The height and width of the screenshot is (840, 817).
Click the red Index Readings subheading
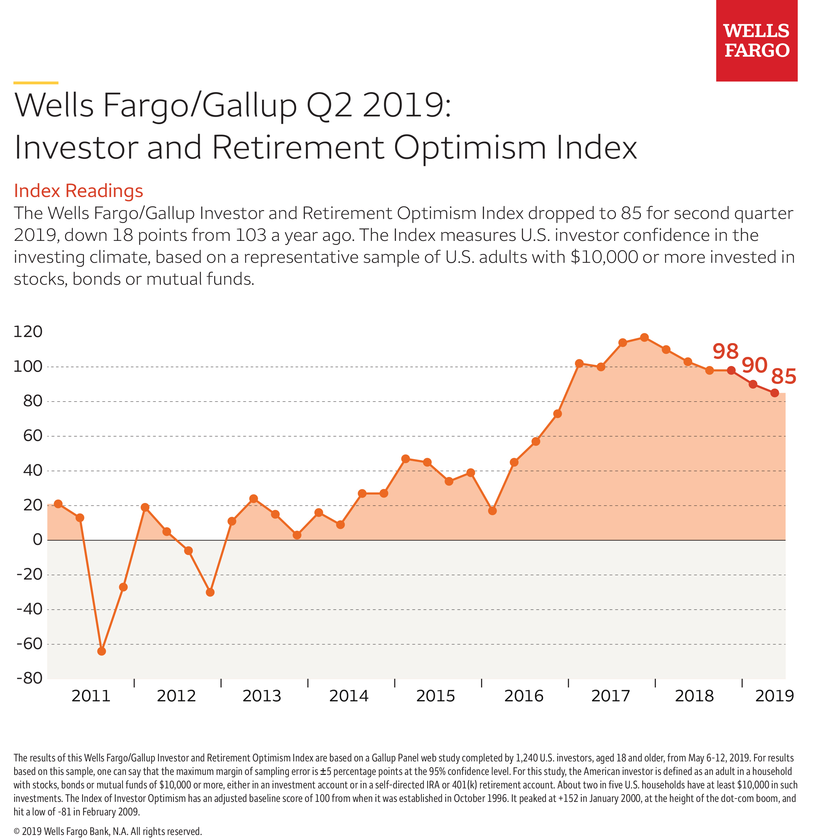point(79,191)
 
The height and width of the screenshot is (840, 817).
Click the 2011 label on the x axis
point(91,696)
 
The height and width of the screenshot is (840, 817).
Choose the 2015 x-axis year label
point(435,696)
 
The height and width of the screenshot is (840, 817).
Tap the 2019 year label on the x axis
point(774,696)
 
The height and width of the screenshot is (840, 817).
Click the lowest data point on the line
point(102,651)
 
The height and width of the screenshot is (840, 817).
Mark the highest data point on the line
point(644,337)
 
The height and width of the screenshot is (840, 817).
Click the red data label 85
point(784,377)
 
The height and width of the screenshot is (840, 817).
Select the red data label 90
point(754,365)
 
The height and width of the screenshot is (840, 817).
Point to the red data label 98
point(725,352)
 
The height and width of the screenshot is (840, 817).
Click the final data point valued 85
point(774,393)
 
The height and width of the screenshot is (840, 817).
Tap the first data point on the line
point(58,504)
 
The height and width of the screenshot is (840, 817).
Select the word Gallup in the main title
point(249,106)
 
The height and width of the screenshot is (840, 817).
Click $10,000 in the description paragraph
point(604,257)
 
